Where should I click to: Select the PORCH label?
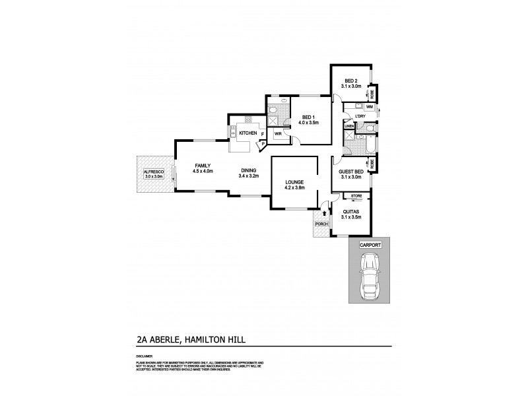321,224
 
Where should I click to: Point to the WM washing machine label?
370,106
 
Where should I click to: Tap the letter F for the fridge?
263,134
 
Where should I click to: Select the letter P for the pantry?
263,143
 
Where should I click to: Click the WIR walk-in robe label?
279,132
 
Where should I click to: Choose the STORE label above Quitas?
356,196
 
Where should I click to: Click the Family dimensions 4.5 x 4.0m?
202,171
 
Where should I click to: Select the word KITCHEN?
248,133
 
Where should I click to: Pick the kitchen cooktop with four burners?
248,119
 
